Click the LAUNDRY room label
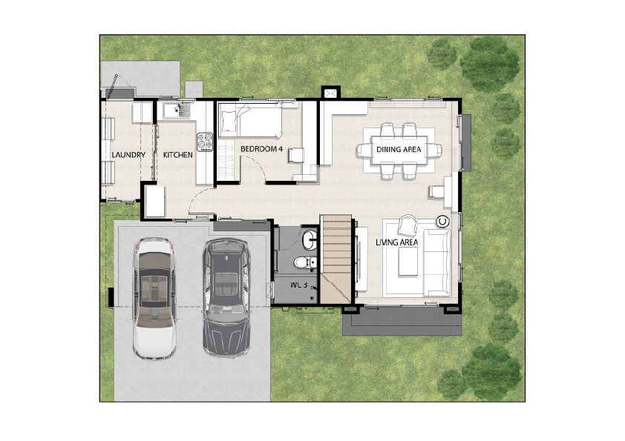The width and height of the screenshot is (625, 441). (x=128, y=155)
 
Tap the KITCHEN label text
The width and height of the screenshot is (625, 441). (x=177, y=155)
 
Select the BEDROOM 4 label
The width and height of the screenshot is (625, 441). (x=261, y=149)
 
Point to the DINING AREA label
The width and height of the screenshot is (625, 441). (x=399, y=149)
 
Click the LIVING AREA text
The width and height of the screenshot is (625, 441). (x=396, y=242)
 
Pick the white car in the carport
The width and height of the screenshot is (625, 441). (x=154, y=299)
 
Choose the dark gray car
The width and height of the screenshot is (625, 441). (x=226, y=297)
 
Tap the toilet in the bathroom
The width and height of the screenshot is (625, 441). (x=305, y=262)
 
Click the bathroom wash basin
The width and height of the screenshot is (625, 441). (x=310, y=240)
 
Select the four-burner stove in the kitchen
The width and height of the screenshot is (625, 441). (x=205, y=142)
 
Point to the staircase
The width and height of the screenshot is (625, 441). (x=336, y=259)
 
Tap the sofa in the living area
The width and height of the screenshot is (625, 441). (x=437, y=262)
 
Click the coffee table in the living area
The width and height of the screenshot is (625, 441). (x=408, y=261)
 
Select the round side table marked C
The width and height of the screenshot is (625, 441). (x=443, y=222)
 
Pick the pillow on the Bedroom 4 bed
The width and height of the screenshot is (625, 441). (x=229, y=121)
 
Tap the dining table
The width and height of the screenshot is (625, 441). (x=399, y=150)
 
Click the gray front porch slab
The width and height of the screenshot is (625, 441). (x=402, y=321)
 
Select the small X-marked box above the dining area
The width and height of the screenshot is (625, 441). (x=330, y=93)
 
